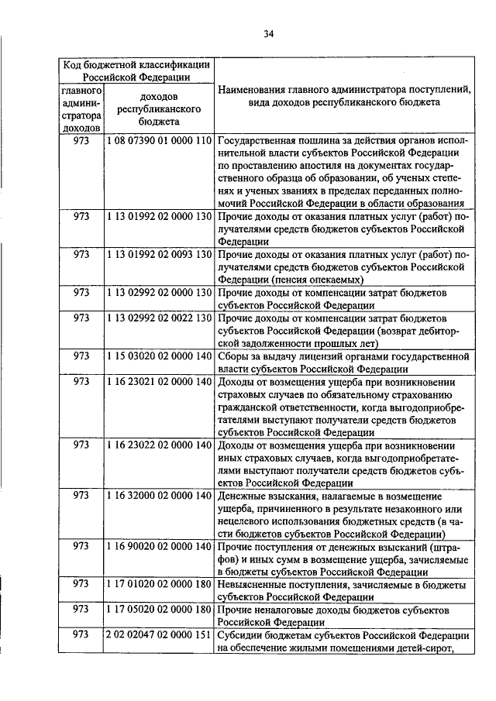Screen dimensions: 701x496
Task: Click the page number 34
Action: click(269, 33)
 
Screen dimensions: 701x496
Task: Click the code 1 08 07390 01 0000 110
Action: click(158, 141)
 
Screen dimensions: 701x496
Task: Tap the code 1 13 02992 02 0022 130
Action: click(158, 318)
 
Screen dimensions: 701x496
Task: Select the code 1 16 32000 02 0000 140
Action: click(158, 495)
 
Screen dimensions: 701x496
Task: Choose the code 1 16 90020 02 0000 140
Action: click(158, 546)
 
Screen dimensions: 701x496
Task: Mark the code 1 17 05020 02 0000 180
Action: click(158, 610)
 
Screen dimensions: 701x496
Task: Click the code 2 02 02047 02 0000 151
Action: click(158, 635)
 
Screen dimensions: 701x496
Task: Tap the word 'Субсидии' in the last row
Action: click(241, 635)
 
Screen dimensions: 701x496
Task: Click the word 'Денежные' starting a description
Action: click(243, 495)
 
